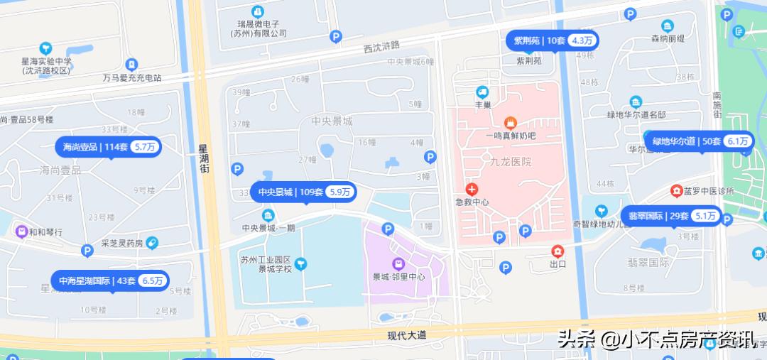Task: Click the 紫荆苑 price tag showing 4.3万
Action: click(552, 40)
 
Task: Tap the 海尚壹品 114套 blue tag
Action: click(109, 148)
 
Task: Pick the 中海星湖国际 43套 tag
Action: click(111, 281)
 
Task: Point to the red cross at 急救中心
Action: click(472, 189)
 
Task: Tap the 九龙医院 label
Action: click(510, 162)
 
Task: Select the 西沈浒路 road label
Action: click(381, 47)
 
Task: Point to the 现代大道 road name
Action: click(406, 335)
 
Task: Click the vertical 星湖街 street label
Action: click(203, 159)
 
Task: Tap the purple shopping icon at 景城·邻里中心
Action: click(396, 263)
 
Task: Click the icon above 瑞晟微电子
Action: click(257, 11)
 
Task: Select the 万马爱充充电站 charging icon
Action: click(131, 65)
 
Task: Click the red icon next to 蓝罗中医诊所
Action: click(676, 191)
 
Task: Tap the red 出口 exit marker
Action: click(557, 251)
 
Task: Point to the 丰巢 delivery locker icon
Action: click(482, 92)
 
